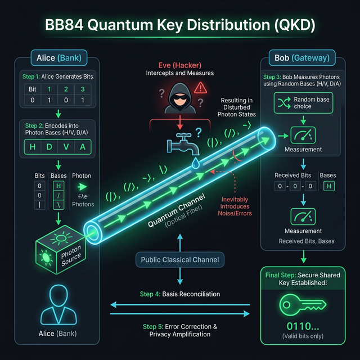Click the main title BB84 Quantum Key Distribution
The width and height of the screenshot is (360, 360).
pyautogui.click(x=180, y=25)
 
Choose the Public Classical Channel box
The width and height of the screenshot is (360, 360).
pyautogui.click(x=180, y=259)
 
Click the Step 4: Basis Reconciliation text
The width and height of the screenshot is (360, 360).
pyautogui.click(x=180, y=294)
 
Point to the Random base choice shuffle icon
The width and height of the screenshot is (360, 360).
pyautogui.click(x=282, y=102)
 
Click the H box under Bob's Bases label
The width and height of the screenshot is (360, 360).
pyautogui.click(x=327, y=186)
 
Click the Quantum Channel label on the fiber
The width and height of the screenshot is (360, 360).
pyautogui.click(x=175, y=213)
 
